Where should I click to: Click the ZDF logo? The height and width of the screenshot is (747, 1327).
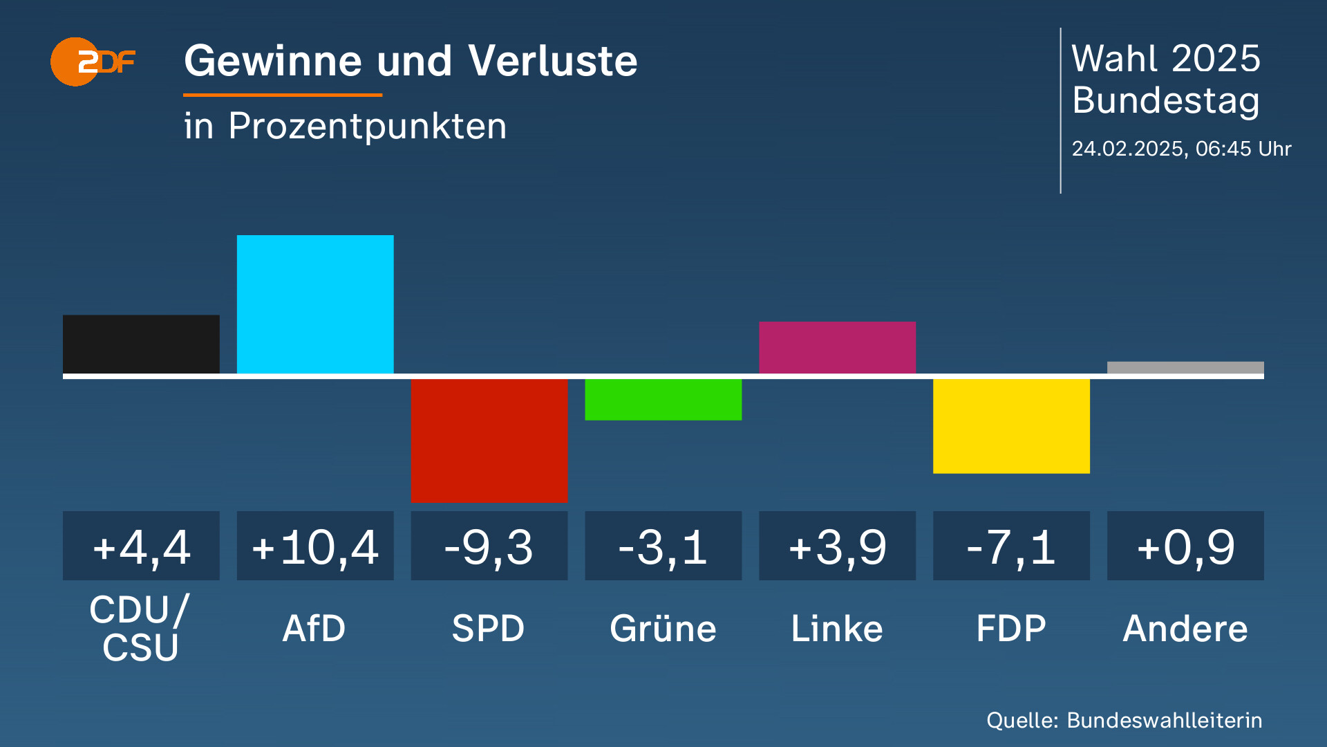(x=92, y=62)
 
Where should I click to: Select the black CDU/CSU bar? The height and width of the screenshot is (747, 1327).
(x=141, y=344)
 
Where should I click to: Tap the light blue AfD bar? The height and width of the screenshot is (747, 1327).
(x=315, y=304)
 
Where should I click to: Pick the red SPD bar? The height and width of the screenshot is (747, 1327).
(x=489, y=440)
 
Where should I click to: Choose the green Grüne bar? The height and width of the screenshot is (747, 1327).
(x=663, y=399)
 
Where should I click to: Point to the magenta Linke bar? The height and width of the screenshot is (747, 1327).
(x=837, y=347)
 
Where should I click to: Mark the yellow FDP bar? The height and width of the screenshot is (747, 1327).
(x=1011, y=425)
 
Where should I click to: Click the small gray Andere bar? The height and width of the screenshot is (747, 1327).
(x=1185, y=368)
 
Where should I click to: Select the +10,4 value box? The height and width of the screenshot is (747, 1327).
(x=315, y=546)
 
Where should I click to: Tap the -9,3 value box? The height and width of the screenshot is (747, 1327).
(x=489, y=546)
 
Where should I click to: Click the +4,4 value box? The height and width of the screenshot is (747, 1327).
(x=141, y=546)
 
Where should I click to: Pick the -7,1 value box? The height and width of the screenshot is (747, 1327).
(x=1011, y=546)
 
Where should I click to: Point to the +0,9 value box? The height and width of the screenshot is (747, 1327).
(x=1185, y=546)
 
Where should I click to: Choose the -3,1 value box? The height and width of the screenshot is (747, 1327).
(x=663, y=546)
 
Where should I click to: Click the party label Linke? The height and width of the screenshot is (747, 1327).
(x=837, y=629)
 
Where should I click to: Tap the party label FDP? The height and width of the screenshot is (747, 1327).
(x=1011, y=629)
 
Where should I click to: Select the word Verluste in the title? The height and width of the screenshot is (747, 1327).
(x=552, y=61)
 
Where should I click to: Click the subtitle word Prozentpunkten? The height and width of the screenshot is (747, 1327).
(x=368, y=127)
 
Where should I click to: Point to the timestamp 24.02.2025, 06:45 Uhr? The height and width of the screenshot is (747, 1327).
(x=1181, y=149)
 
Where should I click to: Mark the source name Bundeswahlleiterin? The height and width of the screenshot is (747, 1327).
(x=1165, y=720)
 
